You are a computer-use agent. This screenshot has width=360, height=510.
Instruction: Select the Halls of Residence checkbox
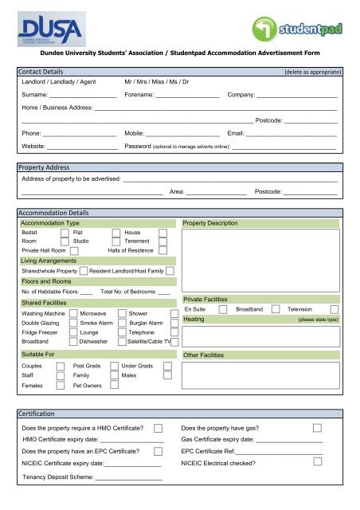pyautogui.click(x=162, y=252)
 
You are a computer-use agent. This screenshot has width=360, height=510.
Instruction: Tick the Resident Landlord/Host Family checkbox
pyautogui.click(x=170, y=272)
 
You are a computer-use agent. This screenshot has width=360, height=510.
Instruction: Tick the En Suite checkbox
pyautogui.click(x=223, y=308)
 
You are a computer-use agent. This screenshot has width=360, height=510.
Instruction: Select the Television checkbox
pyautogui.click(x=335, y=308)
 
